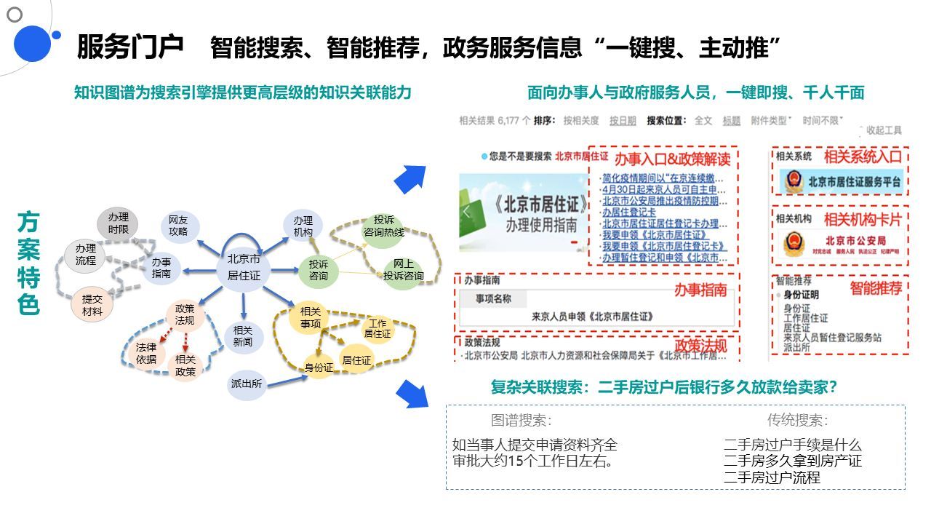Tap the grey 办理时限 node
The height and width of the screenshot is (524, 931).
[118, 223]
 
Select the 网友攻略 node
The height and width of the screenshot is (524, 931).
[178, 225]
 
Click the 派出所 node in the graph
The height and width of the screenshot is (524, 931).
[247, 384]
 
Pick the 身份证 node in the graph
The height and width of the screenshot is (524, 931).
[319, 368]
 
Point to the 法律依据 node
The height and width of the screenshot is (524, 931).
[145, 353]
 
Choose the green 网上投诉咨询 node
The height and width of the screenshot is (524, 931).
[403, 269]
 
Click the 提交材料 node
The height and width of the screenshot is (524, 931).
[92, 305]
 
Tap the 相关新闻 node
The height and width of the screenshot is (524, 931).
[243, 336]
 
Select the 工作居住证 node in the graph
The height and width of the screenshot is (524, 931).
[377, 328]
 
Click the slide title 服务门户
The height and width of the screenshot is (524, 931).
[130, 47]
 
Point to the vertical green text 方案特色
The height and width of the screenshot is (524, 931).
[28, 263]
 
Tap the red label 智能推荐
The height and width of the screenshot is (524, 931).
[876, 288]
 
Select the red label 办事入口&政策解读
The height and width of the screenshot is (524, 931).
[672, 158]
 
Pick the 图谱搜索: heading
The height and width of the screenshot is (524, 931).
[521, 420]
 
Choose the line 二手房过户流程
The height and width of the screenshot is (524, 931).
[772, 477]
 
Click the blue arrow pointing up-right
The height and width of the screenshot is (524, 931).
[410, 179]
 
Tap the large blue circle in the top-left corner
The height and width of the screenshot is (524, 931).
[31, 43]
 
